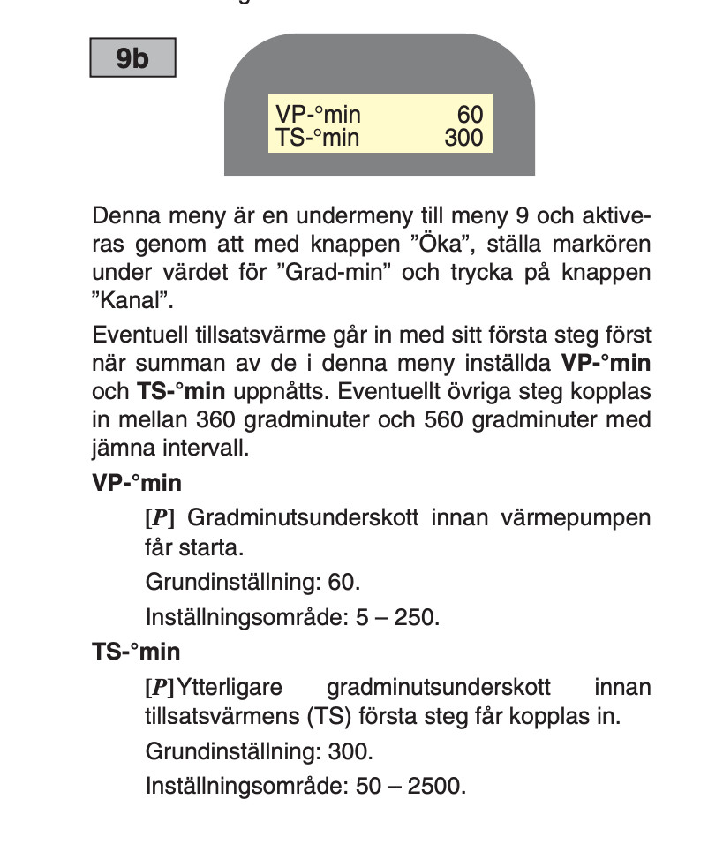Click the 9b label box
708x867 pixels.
pyautogui.click(x=132, y=59)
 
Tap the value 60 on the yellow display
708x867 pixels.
pyautogui.click(x=470, y=115)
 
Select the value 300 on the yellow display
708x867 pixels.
pyautogui.click(x=463, y=138)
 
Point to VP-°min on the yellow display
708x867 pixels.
pyautogui.click(x=318, y=115)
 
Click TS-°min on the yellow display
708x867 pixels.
pyautogui.click(x=317, y=138)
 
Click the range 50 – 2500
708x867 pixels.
pyautogui.click(x=410, y=785)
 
